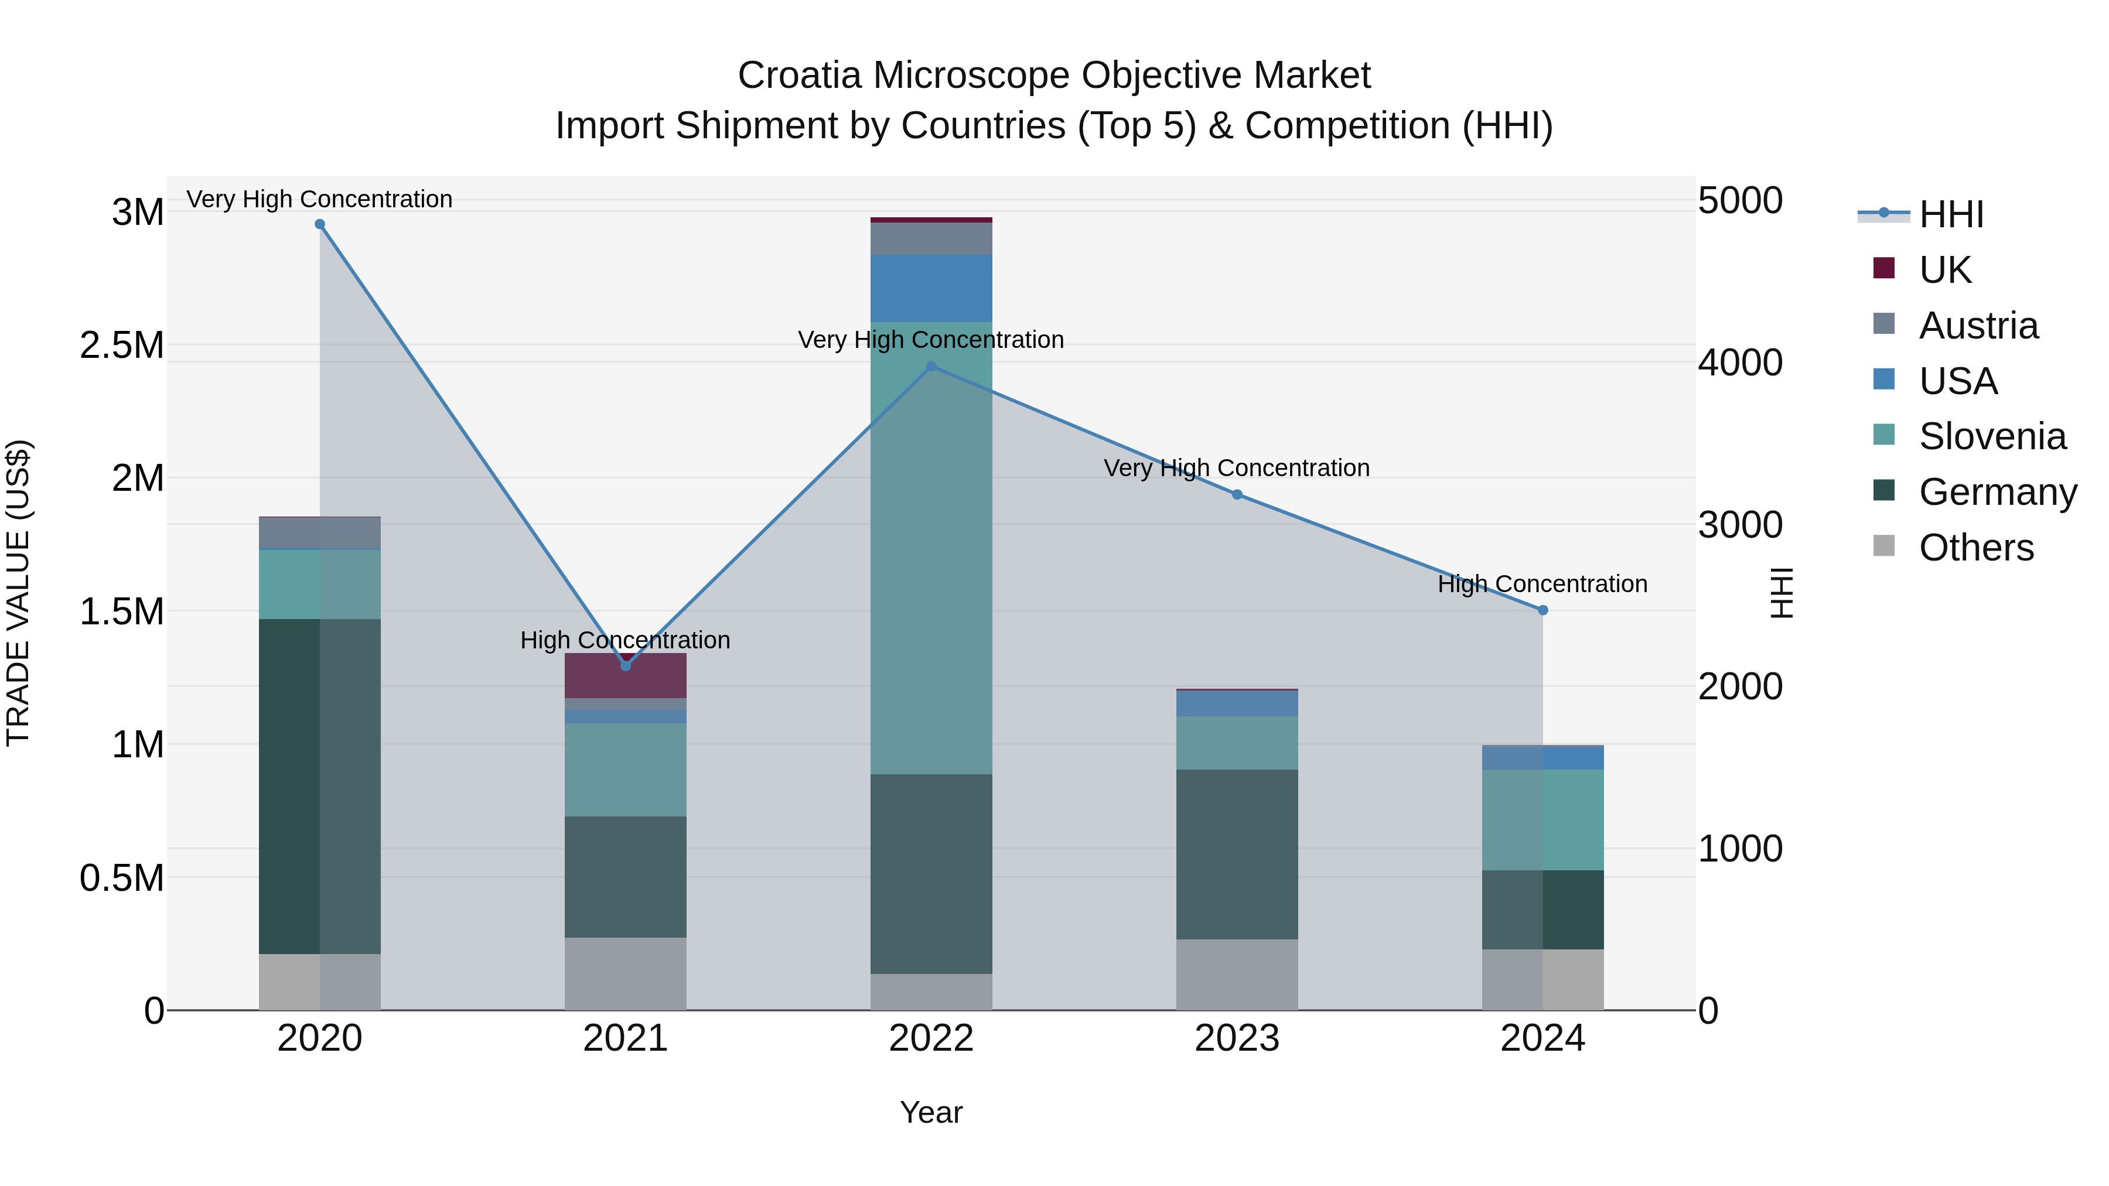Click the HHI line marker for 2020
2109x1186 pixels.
320,224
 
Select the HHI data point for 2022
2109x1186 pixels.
931,367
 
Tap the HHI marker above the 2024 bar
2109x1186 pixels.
1542,610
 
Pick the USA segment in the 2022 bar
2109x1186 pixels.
931,288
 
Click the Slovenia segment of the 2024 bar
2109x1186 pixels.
1542,819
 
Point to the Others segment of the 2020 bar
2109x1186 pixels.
320,982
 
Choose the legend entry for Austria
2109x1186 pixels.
1977,326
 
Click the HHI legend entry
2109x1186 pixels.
1950,214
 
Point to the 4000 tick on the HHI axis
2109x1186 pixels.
1740,363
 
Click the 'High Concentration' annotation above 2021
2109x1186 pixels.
626,640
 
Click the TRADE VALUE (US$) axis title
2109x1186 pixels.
18,593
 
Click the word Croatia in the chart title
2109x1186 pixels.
799,76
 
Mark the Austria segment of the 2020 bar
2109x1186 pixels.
320,532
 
